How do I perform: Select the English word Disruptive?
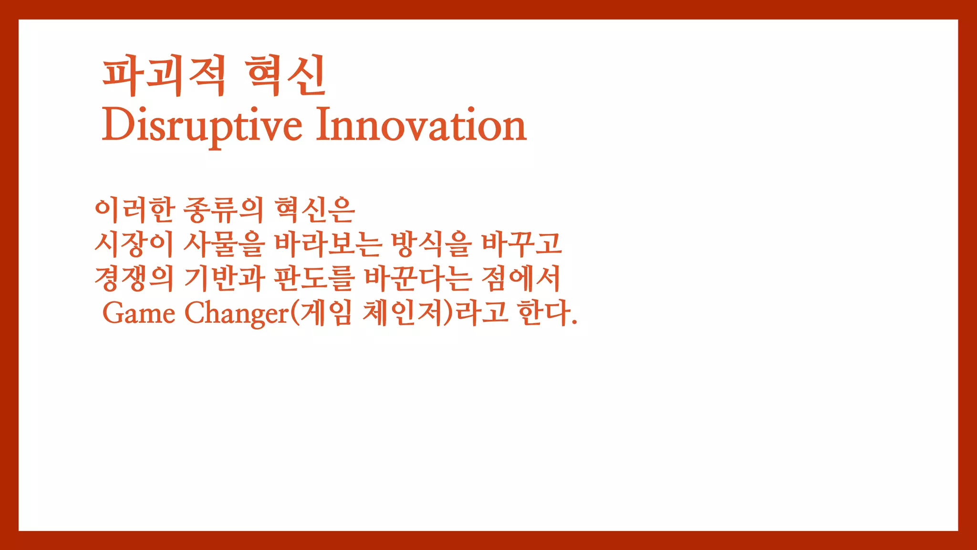coord(202,125)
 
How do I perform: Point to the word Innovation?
coord(421,125)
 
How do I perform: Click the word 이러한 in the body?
coord(135,210)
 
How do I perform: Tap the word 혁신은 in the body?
coord(315,210)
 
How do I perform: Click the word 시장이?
coord(134,244)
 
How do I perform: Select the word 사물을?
coord(224,244)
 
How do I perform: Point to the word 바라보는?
coord(328,244)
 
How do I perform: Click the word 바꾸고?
coord(521,244)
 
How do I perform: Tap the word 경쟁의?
coord(134,279)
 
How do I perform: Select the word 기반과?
coord(224,279)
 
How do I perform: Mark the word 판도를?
coord(314,279)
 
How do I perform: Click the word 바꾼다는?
coord(418,279)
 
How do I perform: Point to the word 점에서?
coord(521,279)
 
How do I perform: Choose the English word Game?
coord(139,313)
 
